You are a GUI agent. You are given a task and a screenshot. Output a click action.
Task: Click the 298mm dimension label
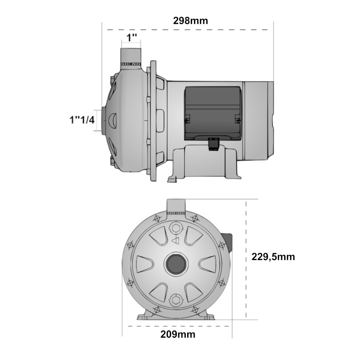(190, 21)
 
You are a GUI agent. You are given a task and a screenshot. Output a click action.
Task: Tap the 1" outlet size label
(132, 38)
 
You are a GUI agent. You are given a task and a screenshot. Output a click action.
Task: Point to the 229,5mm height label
(273, 257)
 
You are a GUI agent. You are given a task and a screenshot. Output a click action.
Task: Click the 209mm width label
(178, 334)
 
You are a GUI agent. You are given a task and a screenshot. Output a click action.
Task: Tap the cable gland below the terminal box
(213, 144)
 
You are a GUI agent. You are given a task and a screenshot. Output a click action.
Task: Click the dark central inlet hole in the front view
(176, 264)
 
